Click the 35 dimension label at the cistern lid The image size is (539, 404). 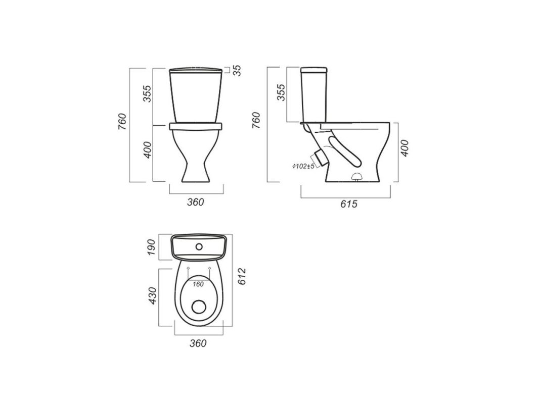(x=237, y=70)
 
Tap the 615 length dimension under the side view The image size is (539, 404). (x=349, y=204)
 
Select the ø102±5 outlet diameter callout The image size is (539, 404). (x=303, y=167)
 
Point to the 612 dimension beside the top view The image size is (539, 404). (x=242, y=276)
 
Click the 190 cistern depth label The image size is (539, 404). (x=152, y=247)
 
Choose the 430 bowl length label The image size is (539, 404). (x=152, y=295)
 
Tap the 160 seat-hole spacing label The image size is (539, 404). (x=198, y=284)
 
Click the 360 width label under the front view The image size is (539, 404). (x=195, y=203)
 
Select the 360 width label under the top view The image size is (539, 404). (x=198, y=343)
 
